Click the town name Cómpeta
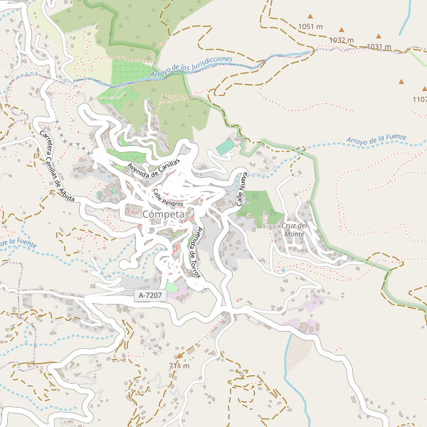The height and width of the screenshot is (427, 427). click(x=163, y=214)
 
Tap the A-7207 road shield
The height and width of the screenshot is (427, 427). click(x=150, y=294)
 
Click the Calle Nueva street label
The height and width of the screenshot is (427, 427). click(x=241, y=189)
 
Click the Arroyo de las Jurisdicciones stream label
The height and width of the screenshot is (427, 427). click(x=191, y=67)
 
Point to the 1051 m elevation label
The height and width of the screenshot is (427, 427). click(x=311, y=26)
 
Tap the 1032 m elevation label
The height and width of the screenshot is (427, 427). click(x=342, y=41)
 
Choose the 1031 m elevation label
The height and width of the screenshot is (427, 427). click(x=379, y=47)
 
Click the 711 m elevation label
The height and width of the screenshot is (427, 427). click(x=179, y=366)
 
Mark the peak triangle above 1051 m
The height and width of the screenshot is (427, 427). click(x=310, y=16)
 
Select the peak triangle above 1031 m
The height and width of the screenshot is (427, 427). click(x=379, y=36)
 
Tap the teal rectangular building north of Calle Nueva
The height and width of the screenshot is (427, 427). click(x=225, y=147)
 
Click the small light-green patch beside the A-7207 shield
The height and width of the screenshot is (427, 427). click(x=172, y=288)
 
